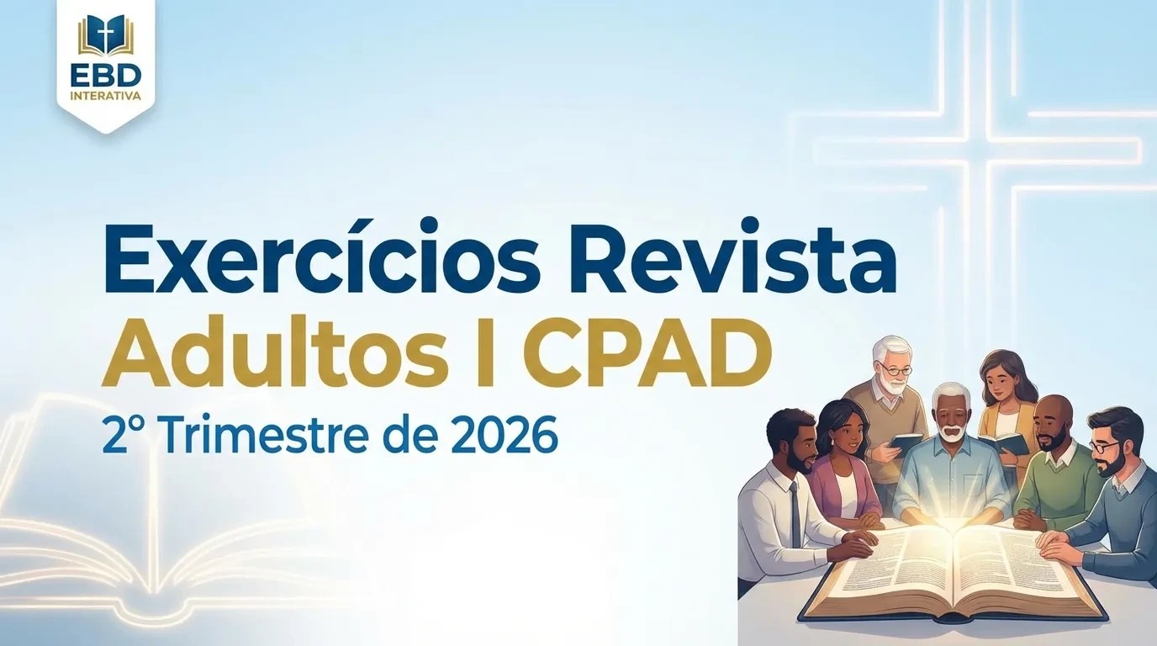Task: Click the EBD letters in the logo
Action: (x=105, y=75)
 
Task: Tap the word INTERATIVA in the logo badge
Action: (x=105, y=96)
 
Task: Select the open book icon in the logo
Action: (x=105, y=36)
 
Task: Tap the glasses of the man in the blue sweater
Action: (x=1102, y=447)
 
